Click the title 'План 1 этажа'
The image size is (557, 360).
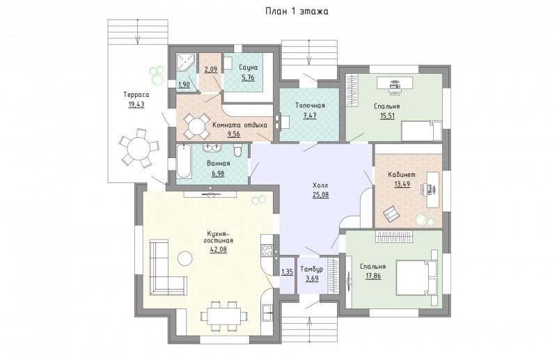coord(297,11)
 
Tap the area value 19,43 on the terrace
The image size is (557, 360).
coord(136,104)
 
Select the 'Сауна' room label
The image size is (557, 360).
coord(249,67)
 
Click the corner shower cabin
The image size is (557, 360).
coord(186,63)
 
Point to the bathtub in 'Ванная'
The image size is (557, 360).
coord(184,161)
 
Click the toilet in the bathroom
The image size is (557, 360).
coord(237,150)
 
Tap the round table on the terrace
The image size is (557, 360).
coord(139,147)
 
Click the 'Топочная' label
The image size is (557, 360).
coord(310,106)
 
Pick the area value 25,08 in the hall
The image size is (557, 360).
coord(320,194)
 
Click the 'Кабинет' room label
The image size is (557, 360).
coord(402,175)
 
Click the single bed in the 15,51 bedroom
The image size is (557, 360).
coord(422,131)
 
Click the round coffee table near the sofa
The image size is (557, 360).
coord(185,258)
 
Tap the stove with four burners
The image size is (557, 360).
coord(267,251)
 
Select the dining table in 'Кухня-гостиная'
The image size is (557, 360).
coord(223,315)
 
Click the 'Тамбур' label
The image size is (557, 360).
coord(311,269)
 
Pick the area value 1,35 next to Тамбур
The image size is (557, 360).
coord(287,272)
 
